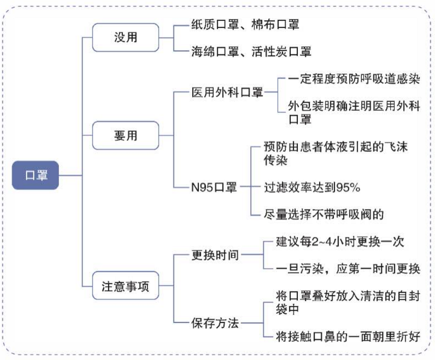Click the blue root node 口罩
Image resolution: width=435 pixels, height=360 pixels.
pos(36,175)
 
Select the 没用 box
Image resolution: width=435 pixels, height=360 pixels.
pos(125,37)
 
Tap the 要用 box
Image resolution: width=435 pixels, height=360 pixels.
pos(125,135)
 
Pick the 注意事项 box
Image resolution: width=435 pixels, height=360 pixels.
pos(125,286)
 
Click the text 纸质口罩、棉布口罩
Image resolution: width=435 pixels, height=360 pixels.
pos(245,24)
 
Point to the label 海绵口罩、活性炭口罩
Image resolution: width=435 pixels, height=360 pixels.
pos(251,51)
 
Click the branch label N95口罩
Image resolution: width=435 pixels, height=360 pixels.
pos(213,187)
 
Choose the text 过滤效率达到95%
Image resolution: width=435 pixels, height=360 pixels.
pos(312,187)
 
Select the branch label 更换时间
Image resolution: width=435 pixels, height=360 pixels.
pos(214,254)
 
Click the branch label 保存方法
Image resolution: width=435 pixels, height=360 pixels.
pos(214,322)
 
